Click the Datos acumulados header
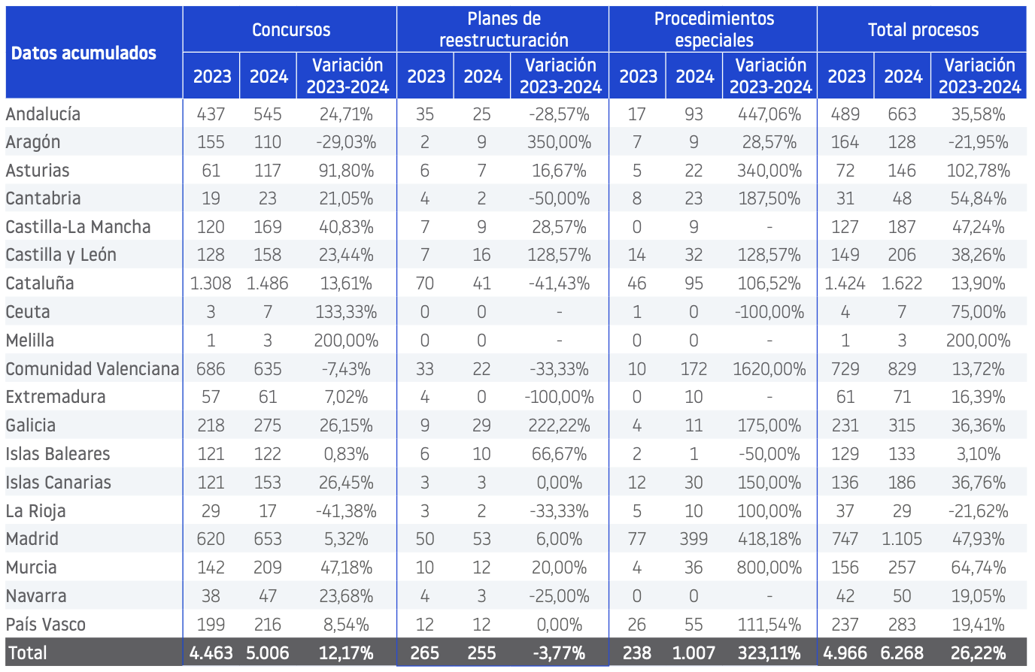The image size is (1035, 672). [x=83, y=53]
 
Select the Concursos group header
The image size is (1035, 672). [x=291, y=30]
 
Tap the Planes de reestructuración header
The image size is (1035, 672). [x=504, y=29]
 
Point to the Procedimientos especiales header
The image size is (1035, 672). [x=714, y=29]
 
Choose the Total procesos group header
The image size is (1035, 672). [x=923, y=30]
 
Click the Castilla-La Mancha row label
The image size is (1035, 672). [x=78, y=227]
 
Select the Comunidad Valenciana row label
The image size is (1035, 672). [x=93, y=369]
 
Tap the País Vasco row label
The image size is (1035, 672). [x=46, y=625]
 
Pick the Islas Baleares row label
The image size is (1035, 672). [x=58, y=454]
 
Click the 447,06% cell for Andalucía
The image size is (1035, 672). [x=769, y=114]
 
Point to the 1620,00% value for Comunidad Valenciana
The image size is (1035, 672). [x=769, y=369]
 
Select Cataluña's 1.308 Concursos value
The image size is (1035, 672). [x=211, y=283]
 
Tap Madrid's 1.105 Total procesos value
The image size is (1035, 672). [x=901, y=539]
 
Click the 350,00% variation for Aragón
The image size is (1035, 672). [x=559, y=142]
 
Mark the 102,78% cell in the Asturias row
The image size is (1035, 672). [x=978, y=171]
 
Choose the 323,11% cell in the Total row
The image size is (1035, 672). [x=769, y=653]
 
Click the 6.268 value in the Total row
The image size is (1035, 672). [x=901, y=653]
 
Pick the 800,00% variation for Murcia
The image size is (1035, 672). [x=769, y=568]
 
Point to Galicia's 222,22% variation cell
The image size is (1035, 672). [x=559, y=425]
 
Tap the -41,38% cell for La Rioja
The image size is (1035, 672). [x=346, y=511]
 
